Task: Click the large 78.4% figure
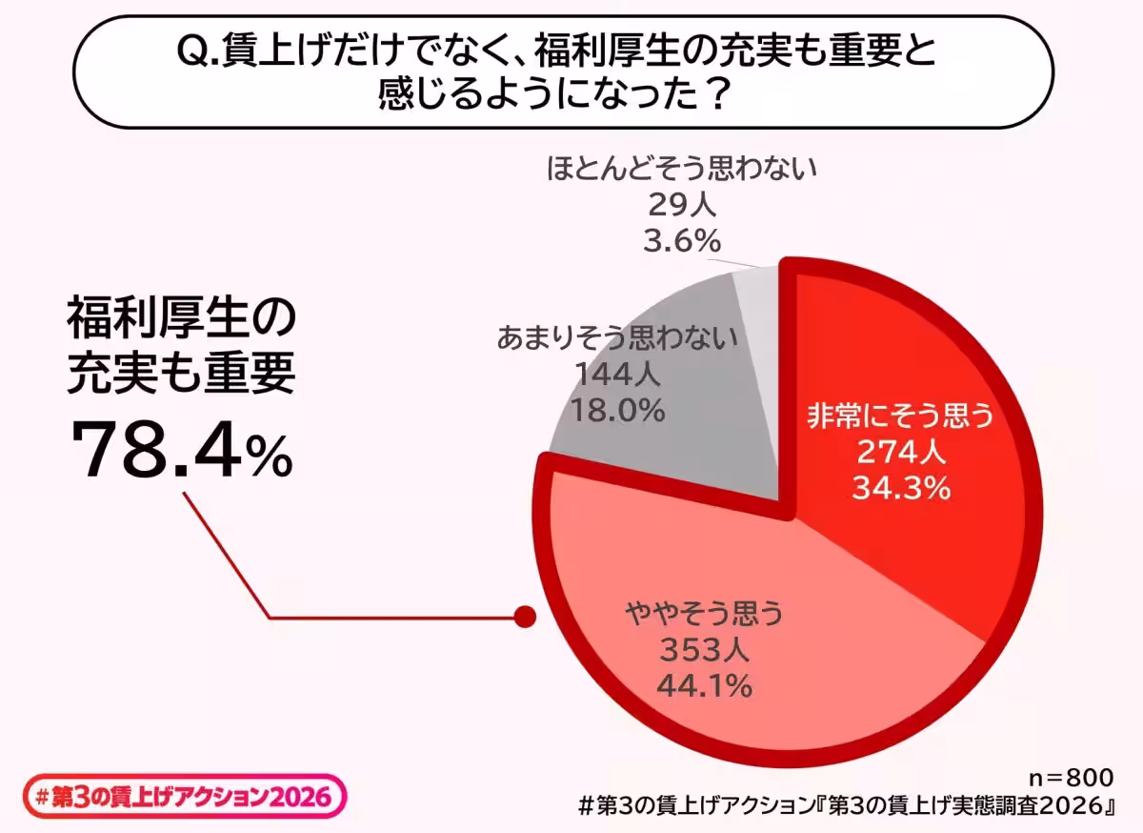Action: pyautogui.click(x=182, y=451)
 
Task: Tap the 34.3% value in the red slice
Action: pyautogui.click(x=902, y=489)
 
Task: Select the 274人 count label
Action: pyautogui.click(x=901, y=453)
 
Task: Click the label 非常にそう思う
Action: pyautogui.click(x=901, y=416)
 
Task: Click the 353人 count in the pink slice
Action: pyautogui.click(x=704, y=649)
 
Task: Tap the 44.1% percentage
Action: pyautogui.click(x=704, y=684)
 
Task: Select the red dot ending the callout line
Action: pyautogui.click(x=522, y=617)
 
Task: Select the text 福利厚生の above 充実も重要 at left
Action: pyautogui.click(x=181, y=320)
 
